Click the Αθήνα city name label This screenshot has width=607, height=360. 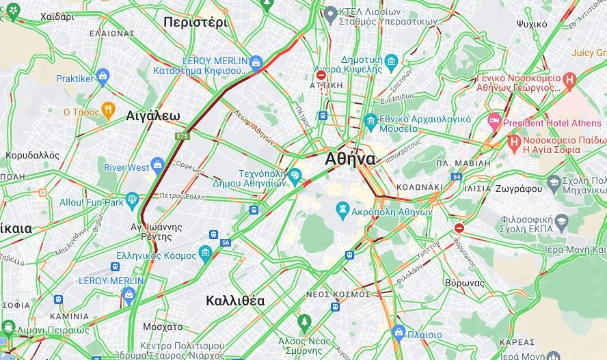(350, 159)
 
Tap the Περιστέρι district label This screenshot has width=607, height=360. (195, 23)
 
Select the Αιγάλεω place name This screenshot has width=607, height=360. (153, 116)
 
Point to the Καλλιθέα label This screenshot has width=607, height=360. (235, 301)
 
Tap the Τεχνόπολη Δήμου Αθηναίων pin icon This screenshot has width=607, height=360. (295, 176)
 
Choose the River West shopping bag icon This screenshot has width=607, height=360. (158, 165)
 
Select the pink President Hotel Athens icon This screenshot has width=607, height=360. (494, 121)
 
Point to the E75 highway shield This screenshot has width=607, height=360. (182, 137)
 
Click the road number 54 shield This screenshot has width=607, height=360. (456, 177)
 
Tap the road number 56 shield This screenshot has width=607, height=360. (226, 243)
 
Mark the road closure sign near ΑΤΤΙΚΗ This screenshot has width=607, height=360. (321, 75)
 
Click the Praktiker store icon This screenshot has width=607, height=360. (103, 75)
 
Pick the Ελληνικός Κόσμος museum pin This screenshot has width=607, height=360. (205, 253)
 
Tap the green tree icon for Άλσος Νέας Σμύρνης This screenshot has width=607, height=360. (304, 321)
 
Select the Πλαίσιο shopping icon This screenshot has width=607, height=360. (399, 333)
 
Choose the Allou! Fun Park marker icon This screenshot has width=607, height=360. (133, 200)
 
